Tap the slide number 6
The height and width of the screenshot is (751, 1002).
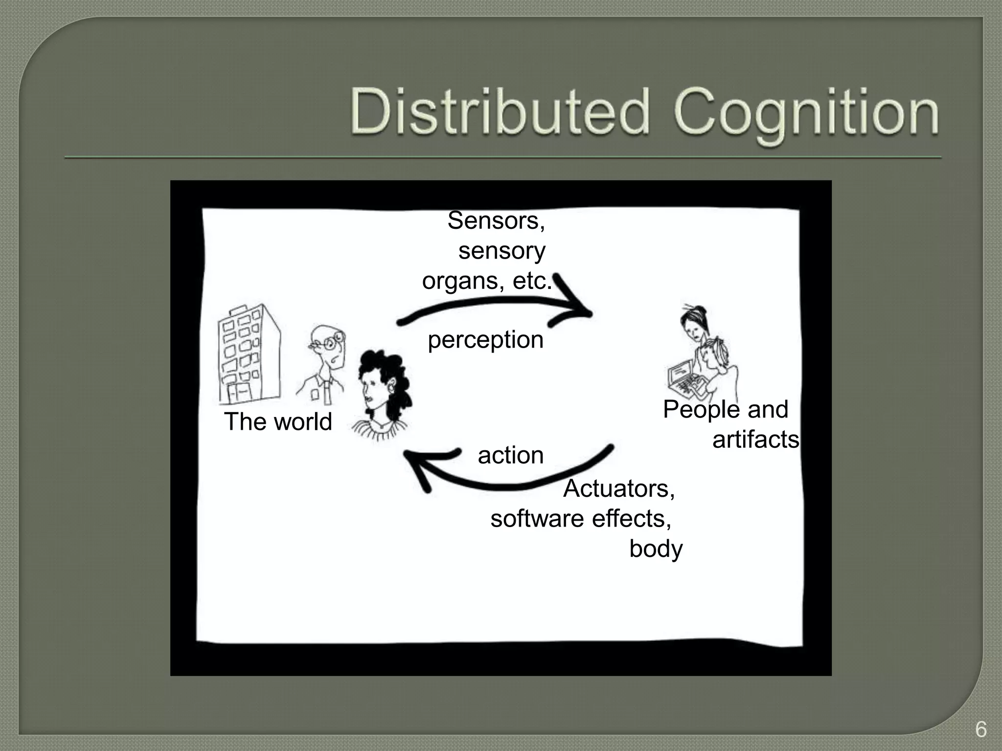(980, 729)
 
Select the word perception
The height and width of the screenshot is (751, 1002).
(485, 340)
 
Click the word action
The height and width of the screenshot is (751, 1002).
(510, 455)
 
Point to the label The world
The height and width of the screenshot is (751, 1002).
(278, 421)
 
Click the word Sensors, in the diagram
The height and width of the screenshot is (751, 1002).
(496, 221)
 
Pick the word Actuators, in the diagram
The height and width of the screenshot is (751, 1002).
(619, 488)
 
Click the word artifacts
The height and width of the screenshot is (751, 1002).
(755, 439)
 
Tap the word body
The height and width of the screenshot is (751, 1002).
(656, 549)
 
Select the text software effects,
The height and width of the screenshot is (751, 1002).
(581, 518)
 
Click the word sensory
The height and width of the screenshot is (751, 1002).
(501, 251)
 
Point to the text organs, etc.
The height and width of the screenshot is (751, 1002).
(487, 281)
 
